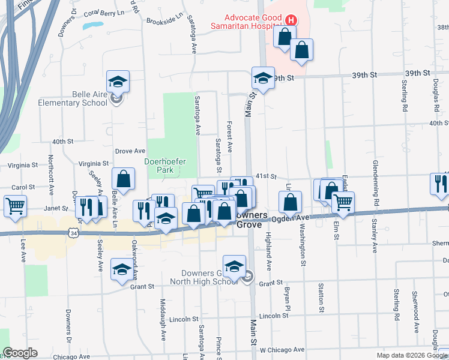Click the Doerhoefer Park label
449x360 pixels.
(x=165, y=166)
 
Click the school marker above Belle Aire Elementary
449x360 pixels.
(x=118, y=82)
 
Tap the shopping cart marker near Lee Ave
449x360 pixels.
(x=15, y=206)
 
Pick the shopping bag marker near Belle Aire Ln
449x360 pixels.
(x=123, y=179)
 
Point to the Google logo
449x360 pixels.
(x=20, y=353)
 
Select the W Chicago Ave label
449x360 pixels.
(x=282, y=349)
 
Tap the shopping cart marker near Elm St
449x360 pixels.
(x=343, y=203)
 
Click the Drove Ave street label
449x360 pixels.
(x=130, y=151)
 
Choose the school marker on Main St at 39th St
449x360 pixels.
(x=262, y=77)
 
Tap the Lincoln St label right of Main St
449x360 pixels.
(x=275, y=316)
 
